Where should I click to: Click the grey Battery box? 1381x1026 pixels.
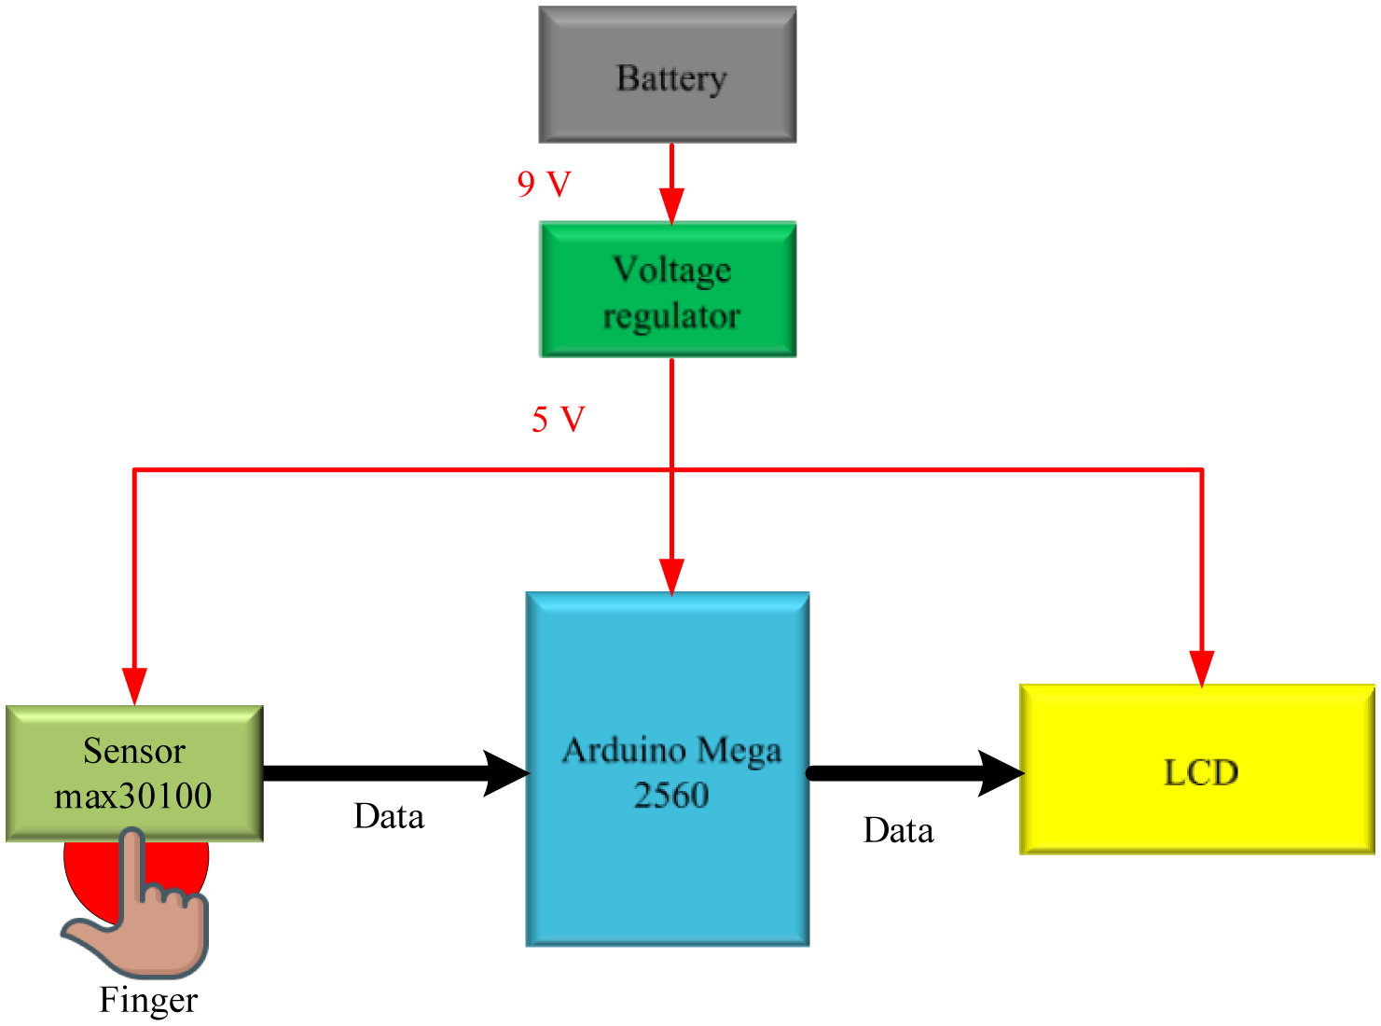coord(668,75)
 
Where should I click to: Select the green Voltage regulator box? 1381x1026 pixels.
coord(668,289)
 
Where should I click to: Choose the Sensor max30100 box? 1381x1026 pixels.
coord(134,773)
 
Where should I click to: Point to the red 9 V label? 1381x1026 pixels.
coord(544,184)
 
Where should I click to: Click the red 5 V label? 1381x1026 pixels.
coord(558,419)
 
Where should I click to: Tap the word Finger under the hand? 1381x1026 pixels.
coord(148,1000)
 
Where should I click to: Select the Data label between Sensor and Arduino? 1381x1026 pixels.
coord(389,816)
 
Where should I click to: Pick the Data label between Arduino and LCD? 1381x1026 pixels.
coord(898,830)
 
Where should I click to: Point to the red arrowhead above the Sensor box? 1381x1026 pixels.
coord(135,686)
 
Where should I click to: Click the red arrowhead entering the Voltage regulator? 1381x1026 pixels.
coord(671,205)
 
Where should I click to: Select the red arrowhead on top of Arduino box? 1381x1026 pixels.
coord(671,575)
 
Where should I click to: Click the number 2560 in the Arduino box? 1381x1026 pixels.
coord(671,796)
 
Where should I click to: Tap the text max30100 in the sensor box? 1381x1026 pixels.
coord(133,796)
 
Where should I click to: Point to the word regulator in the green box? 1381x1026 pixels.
coord(671,316)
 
